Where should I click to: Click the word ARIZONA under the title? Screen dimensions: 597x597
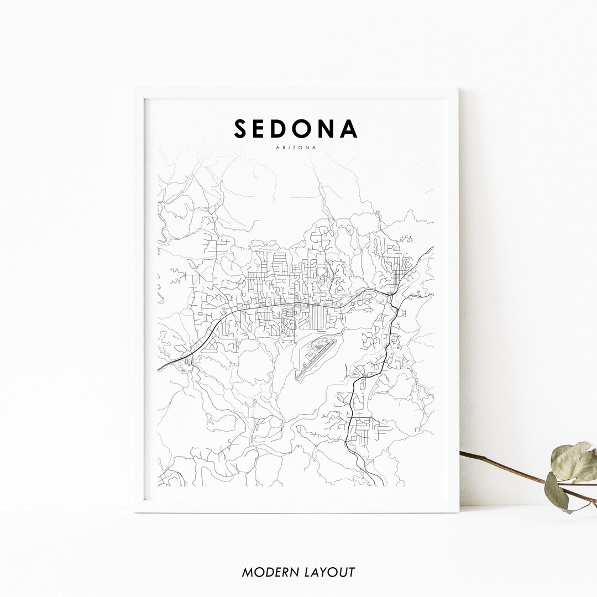click(296, 148)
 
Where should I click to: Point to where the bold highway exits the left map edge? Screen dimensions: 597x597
click(159, 369)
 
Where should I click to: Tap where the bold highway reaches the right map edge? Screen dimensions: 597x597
click(433, 248)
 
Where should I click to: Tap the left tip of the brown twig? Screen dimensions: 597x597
click(461, 453)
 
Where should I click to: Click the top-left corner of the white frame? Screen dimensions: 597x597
click(134, 88)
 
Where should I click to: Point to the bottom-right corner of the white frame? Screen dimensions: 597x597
click(458, 512)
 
